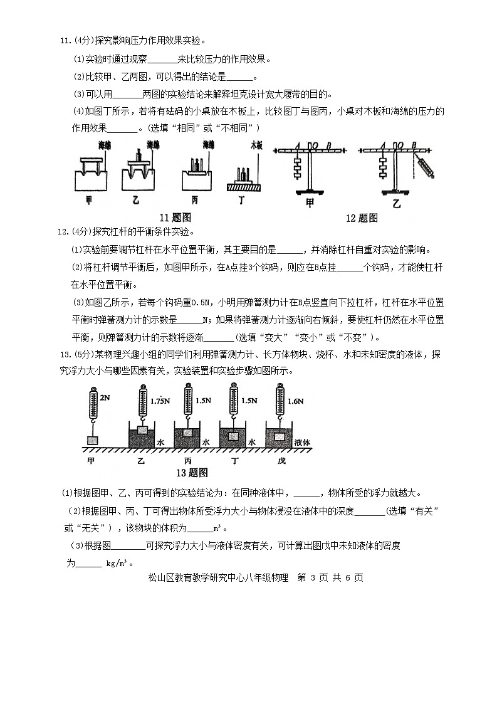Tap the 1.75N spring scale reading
coord(160,400)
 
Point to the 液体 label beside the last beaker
coord(303,442)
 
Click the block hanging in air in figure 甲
coord(93,440)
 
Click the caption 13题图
coord(192,472)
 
